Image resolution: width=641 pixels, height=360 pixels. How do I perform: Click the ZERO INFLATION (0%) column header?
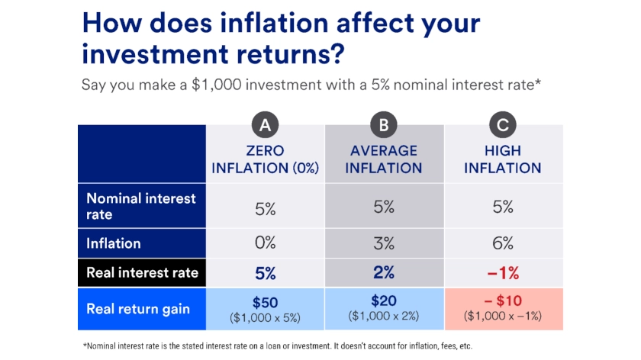266,159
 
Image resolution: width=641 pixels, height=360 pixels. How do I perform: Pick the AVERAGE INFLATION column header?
384,159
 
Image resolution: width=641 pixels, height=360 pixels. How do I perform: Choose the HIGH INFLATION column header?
502,159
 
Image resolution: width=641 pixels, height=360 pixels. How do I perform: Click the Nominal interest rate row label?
141,206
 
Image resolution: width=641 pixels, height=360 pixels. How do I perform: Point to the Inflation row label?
114,244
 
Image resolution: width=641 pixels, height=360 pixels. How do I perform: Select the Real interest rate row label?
143,273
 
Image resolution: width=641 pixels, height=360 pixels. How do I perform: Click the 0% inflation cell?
266,244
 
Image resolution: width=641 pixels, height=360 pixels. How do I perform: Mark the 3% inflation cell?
384,244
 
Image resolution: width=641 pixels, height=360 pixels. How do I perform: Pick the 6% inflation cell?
502,244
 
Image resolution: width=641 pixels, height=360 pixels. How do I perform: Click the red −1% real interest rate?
502,273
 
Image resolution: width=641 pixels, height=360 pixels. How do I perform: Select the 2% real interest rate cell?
384,273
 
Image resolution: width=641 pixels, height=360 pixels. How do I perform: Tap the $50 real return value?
266,301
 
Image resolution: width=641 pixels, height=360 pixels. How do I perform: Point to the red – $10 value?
502,302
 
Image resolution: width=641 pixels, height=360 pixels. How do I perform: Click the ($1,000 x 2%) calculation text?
384,316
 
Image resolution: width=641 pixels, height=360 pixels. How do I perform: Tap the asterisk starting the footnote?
85,346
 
